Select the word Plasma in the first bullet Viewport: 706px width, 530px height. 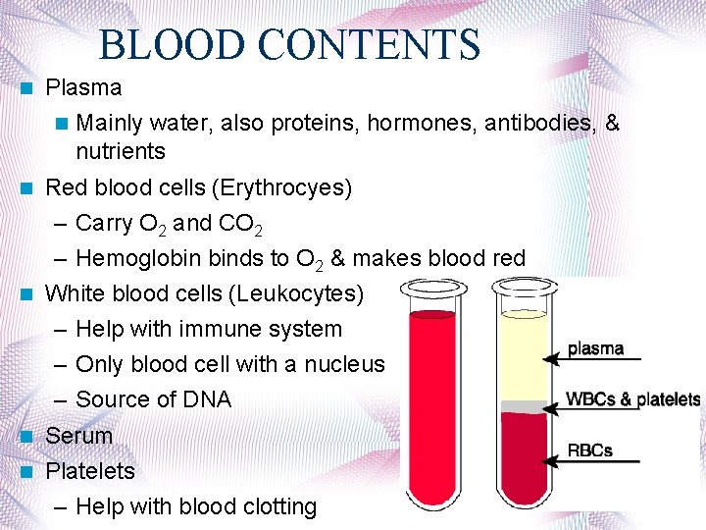pyautogui.click(x=84, y=87)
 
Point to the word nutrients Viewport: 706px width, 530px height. pyautogui.click(x=121, y=151)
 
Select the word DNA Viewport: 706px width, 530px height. pyautogui.click(x=207, y=399)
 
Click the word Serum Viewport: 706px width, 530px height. pyautogui.click(x=79, y=435)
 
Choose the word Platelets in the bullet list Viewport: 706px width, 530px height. pyautogui.click(x=90, y=471)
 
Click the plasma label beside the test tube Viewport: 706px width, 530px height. pyautogui.click(x=595, y=349)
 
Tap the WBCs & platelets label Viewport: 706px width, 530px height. pyautogui.click(x=633, y=399)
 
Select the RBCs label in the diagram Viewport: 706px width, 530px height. pyautogui.click(x=590, y=450)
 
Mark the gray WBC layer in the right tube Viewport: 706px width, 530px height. pyautogui.click(x=524, y=405)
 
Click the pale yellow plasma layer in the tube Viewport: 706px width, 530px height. pyautogui.click(x=524, y=358)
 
